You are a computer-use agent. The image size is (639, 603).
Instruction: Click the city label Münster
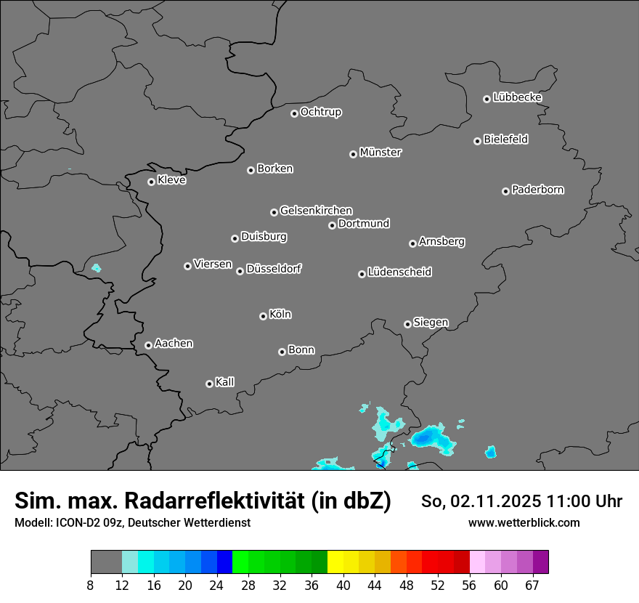point(380,153)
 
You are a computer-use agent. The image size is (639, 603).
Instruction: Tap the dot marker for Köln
point(263,316)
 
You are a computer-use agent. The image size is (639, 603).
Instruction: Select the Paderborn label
point(538,190)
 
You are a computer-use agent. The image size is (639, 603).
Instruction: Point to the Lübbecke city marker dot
point(487,99)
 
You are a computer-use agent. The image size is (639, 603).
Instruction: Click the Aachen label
point(174,344)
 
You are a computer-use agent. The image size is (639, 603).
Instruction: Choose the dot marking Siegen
point(407,324)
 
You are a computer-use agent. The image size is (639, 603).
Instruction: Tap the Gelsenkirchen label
point(316,211)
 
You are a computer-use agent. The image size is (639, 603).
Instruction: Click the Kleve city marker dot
point(151,182)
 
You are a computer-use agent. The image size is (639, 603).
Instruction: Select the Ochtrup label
point(321,112)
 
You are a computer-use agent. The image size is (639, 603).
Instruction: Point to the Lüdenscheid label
point(399,272)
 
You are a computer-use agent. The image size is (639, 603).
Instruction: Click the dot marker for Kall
point(209,384)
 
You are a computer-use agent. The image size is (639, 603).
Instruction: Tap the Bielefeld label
point(505,139)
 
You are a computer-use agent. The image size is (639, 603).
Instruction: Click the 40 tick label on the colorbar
point(343,586)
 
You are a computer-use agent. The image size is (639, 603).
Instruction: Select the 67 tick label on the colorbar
point(532,586)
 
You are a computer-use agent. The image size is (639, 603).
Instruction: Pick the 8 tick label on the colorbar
point(91,586)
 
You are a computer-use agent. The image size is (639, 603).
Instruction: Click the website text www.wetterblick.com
point(524,522)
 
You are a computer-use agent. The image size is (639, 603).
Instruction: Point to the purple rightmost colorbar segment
point(540,562)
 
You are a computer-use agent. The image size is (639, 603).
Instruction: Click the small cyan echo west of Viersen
point(96,268)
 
